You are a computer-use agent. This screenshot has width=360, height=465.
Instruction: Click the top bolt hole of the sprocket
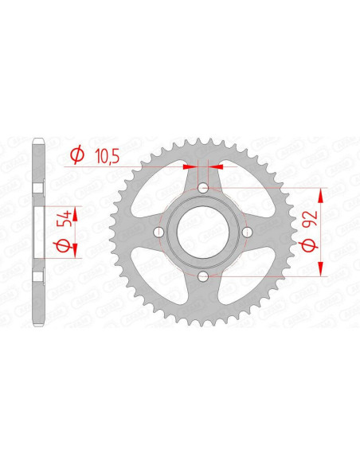click(203, 187)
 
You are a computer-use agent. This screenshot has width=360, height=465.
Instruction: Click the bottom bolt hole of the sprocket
click(203, 276)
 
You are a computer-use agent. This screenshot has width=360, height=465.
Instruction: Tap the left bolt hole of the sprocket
click(159, 232)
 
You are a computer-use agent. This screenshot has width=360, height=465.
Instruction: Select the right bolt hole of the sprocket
click(247, 232)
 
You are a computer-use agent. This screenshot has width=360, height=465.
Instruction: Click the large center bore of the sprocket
click(203, 232)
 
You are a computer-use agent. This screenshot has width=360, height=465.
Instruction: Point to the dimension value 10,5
click(108, 156)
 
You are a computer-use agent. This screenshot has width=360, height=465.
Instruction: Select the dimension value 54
click(65, 219)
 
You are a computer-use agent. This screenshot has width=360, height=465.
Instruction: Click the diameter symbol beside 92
click(308, 245)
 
